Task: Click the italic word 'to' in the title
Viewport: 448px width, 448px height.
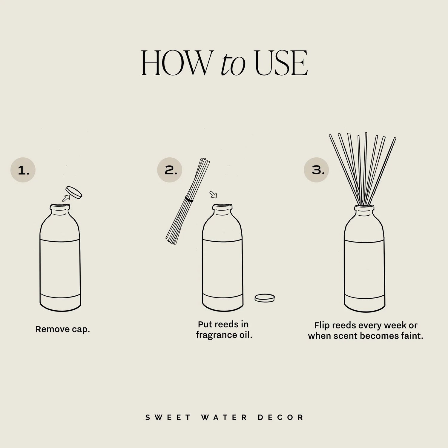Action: (x=233, y=64)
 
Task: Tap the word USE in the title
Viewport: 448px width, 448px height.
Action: (x=281, y=63)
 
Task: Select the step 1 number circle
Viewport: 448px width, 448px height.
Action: (x=23, y=170)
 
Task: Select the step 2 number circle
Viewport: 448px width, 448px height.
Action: (x=170, y=170)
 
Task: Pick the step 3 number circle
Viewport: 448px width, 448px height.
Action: (x=316, y=170)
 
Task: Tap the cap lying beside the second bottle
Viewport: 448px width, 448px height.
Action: (x=265, y=298)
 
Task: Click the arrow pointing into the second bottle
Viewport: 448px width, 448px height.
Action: (x=213, y=195)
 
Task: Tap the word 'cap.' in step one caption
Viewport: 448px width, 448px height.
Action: (x=81, y=329)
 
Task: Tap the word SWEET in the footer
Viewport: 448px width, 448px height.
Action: (x=168, y=418)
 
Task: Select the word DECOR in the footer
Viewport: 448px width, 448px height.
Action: (x=281, y=418)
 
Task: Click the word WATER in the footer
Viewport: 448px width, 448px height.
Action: (x=224, y=418)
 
